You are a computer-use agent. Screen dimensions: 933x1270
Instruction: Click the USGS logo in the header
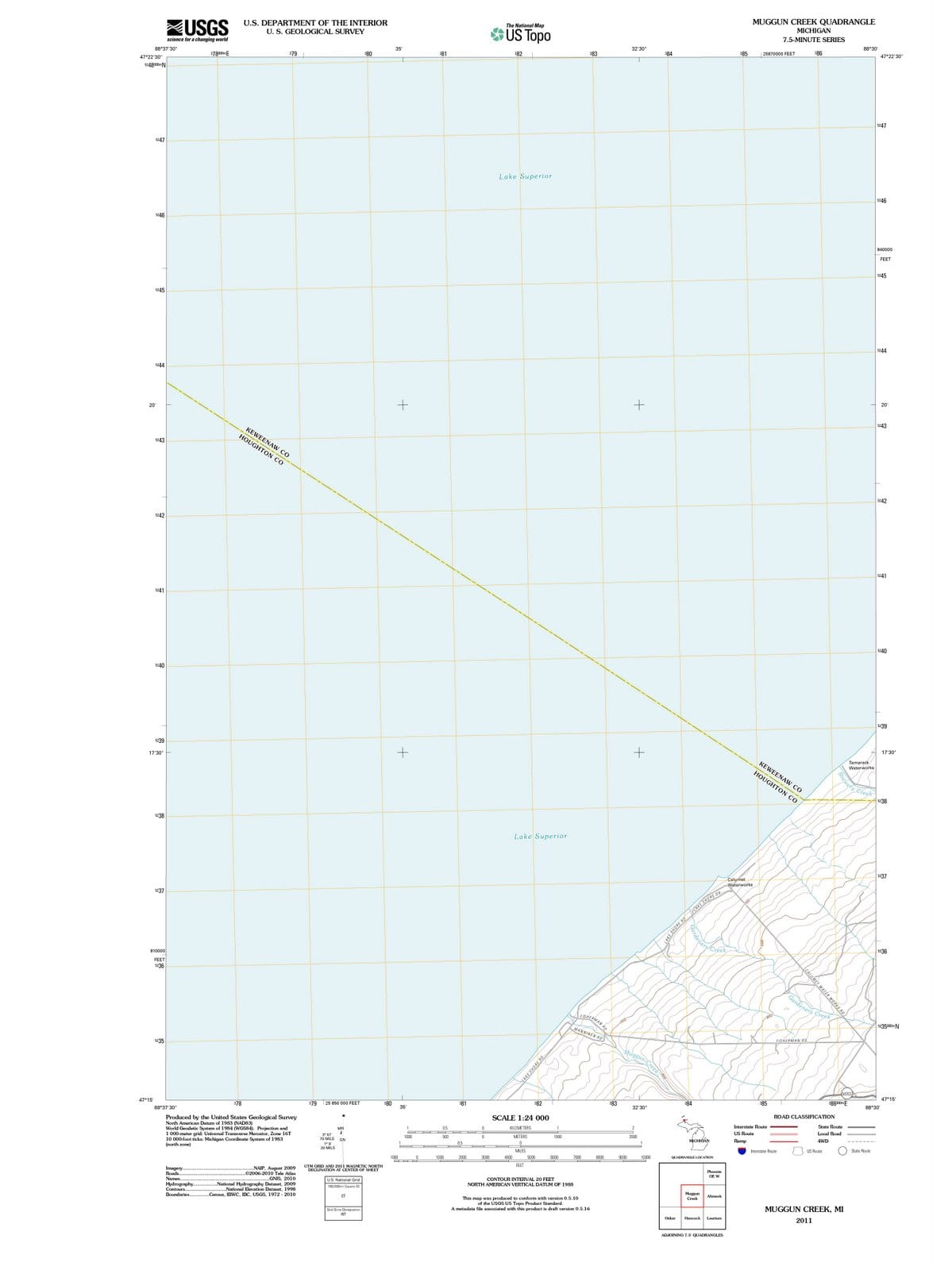click(x=198, y=30)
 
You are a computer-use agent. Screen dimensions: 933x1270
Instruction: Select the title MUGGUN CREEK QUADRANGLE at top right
click(x=813, y=22)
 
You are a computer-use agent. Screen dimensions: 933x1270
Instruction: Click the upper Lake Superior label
click(x=525, y=176)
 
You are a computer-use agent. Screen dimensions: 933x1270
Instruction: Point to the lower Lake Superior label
click(x=541, y=836)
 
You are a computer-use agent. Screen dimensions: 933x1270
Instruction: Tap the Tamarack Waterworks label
click(x=861, y=765)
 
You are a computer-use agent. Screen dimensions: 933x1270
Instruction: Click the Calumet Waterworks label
click(x=740, y=882)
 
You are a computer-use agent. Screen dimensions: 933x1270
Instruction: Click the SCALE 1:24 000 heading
click(x=520, y=1118)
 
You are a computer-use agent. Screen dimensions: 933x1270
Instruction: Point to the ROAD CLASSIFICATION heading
click(x=804, y=1117)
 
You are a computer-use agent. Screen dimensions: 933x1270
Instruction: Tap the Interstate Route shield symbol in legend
click(x=742, y=1151)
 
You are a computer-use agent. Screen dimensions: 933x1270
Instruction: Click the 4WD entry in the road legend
click(x=824, y=1141)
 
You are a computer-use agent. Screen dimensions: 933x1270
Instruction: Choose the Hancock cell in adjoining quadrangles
click(x=692, y=1218)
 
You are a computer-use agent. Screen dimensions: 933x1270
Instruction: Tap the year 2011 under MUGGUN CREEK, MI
click(x=804, y=1221)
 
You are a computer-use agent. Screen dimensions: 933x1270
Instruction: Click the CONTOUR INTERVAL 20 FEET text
click(x=520, y=1180)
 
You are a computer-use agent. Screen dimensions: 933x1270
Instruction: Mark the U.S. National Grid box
click(x=343, y=1180)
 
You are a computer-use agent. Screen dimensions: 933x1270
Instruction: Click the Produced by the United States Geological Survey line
click(x=231, y=1117)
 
